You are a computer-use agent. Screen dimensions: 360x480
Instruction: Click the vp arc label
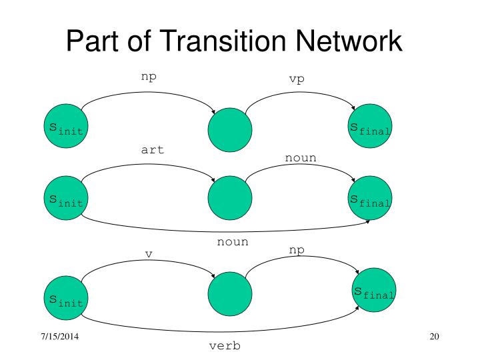[297, 79]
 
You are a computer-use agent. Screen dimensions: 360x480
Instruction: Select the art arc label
[153, 149]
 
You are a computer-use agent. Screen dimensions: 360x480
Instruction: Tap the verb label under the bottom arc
[225, 347]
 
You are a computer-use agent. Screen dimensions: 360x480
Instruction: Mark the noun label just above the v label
[233, 242]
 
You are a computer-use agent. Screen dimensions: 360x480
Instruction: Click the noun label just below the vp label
[301, 157]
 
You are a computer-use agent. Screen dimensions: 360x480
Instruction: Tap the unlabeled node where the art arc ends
[230, 198]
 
